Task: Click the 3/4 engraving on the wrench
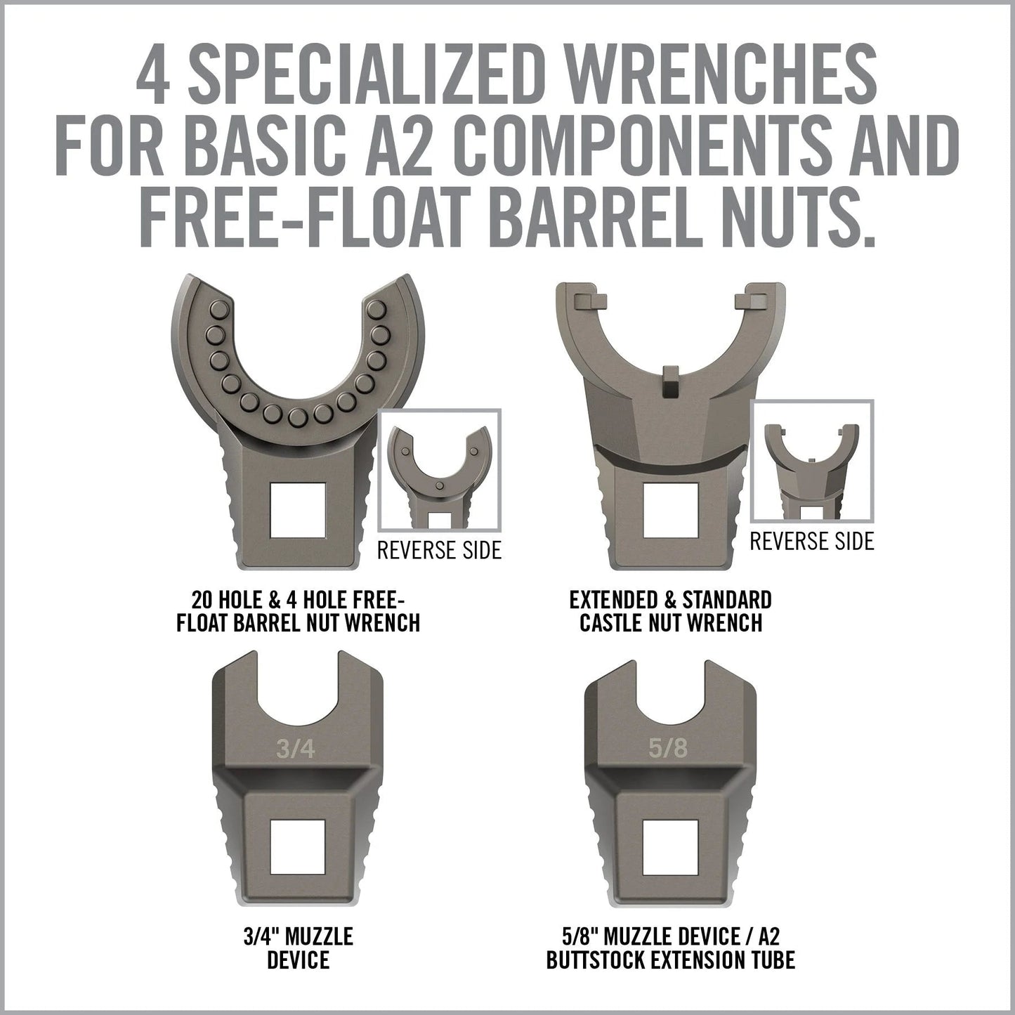[296, 749]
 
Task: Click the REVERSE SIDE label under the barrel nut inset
[439, 550]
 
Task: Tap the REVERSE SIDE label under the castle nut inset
[812, 541]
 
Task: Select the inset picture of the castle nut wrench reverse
[812, 461]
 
